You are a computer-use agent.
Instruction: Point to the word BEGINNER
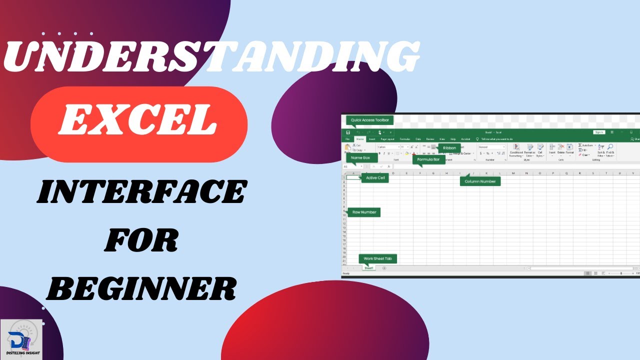(144, 288)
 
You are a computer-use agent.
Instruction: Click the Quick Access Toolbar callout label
(369, 120)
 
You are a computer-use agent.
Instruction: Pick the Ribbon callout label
(449, 148)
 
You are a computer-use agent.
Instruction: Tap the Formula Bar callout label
(428, 159)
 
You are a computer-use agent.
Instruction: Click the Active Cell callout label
(375, 177)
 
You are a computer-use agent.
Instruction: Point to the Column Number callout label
(480, 181)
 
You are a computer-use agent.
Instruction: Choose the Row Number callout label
(364, 212)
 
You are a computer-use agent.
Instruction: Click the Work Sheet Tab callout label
(378, 258)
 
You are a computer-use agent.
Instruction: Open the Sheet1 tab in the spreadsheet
(369, 268)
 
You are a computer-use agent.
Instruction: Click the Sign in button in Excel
(599, 132)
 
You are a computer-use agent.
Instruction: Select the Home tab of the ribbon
(360, 139)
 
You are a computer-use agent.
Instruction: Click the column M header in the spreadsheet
(513, 173)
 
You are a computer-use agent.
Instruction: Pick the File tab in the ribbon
(347, 139)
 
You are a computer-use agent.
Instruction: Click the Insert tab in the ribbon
(372, 139)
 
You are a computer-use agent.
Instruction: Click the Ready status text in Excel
(345, 273)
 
